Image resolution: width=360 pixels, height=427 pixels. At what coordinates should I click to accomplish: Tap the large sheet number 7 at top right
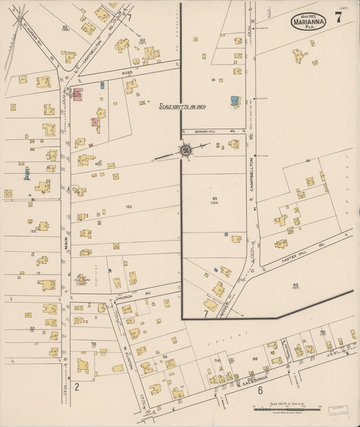point(346,18)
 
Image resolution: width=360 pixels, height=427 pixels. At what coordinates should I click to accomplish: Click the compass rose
point(185,149)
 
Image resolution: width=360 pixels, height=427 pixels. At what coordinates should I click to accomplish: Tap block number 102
point(127,206)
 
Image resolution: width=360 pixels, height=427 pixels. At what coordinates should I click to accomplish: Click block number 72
point(94,345)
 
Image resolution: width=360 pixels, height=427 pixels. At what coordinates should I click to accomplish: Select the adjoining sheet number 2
point(77,387)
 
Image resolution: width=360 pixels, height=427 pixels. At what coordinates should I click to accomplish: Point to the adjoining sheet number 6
point(259,391)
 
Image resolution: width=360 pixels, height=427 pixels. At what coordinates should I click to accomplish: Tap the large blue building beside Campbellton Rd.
point(234,101)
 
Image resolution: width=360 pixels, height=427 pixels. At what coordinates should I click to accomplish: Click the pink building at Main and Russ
point(77,95)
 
